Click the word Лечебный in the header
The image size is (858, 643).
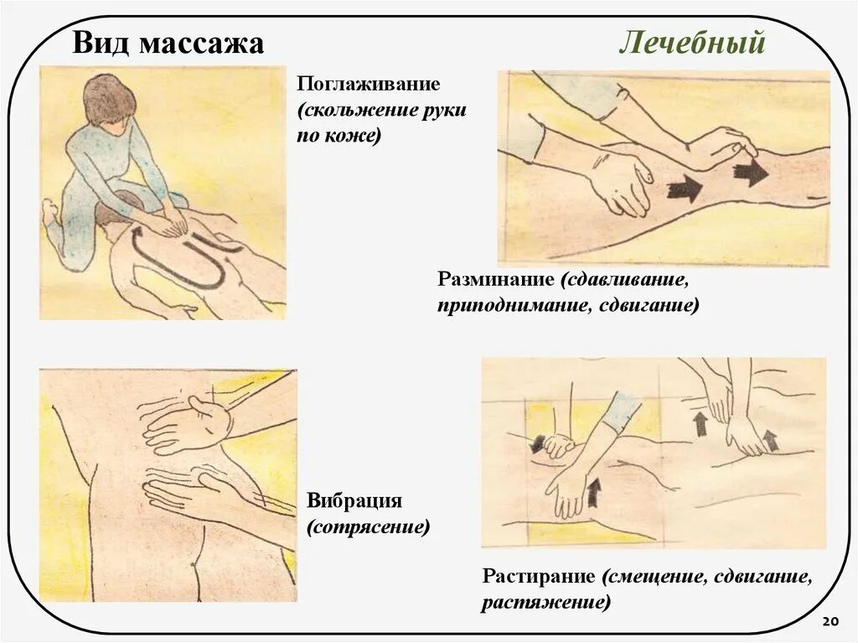click(x=692, y=42)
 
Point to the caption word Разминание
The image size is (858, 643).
click(x=496, y=278)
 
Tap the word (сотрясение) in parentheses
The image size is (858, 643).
click(x=368, y=528)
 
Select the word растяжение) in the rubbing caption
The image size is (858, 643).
click(x=545, y=603)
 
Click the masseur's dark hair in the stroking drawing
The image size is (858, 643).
click(x=109, y=99)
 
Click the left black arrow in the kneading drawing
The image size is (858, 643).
click(x=685, y=189)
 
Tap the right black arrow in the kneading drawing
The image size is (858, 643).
click(x=750, y=174)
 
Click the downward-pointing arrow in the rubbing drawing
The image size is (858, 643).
click(x=537, y=442)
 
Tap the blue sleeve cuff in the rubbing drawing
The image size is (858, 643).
click(x=621, y=411)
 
